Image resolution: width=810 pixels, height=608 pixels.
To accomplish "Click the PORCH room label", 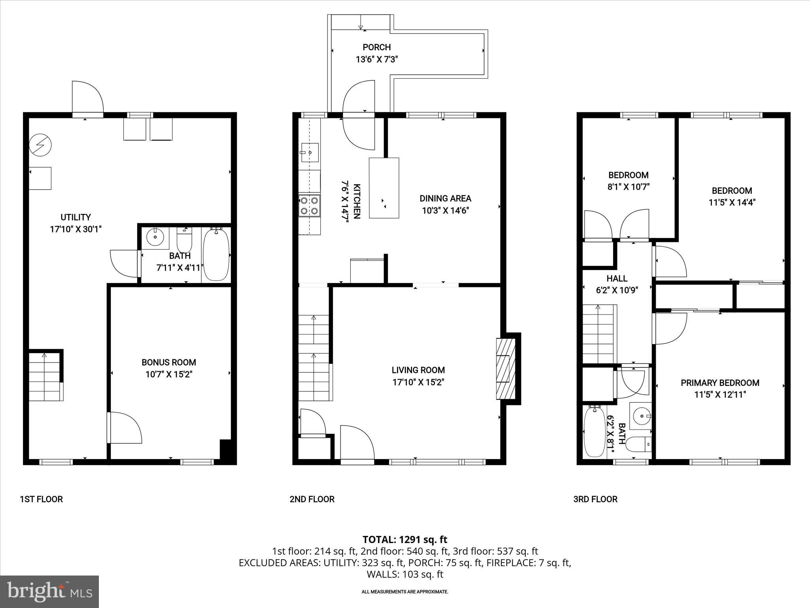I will [x=376, y=47].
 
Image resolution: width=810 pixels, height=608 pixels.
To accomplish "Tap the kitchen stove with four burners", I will [x=309, y=205].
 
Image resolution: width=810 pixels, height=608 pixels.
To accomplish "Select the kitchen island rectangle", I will [x=384, y=188].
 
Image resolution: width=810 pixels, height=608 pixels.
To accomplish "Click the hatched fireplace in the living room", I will [x=506, y=369].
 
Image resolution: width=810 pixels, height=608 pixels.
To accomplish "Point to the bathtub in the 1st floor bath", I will [x=216, y=254].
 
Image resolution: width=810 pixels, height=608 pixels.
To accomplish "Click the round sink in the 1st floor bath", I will [x=155, y=237].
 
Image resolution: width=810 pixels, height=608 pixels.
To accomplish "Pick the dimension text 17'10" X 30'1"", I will [x=76, y=229].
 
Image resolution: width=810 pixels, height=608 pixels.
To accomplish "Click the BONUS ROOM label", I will [x=169, y=362].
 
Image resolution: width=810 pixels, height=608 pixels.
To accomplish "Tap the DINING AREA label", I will [x=445, y=198].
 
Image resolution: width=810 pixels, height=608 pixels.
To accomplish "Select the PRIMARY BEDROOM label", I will [x=720, y=383].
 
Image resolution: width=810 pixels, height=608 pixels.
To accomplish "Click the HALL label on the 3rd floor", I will [x=617, y=278].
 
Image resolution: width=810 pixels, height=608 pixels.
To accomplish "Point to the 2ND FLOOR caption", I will [x=312, y=499].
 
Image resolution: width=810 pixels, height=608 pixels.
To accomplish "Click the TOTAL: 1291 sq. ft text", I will [x=405, y=540].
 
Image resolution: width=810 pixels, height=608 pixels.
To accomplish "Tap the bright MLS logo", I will [x=49, y=592].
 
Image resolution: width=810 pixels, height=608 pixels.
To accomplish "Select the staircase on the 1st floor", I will [x=45, y=376].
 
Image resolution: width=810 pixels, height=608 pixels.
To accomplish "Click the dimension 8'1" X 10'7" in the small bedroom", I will [x=628, y=187].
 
